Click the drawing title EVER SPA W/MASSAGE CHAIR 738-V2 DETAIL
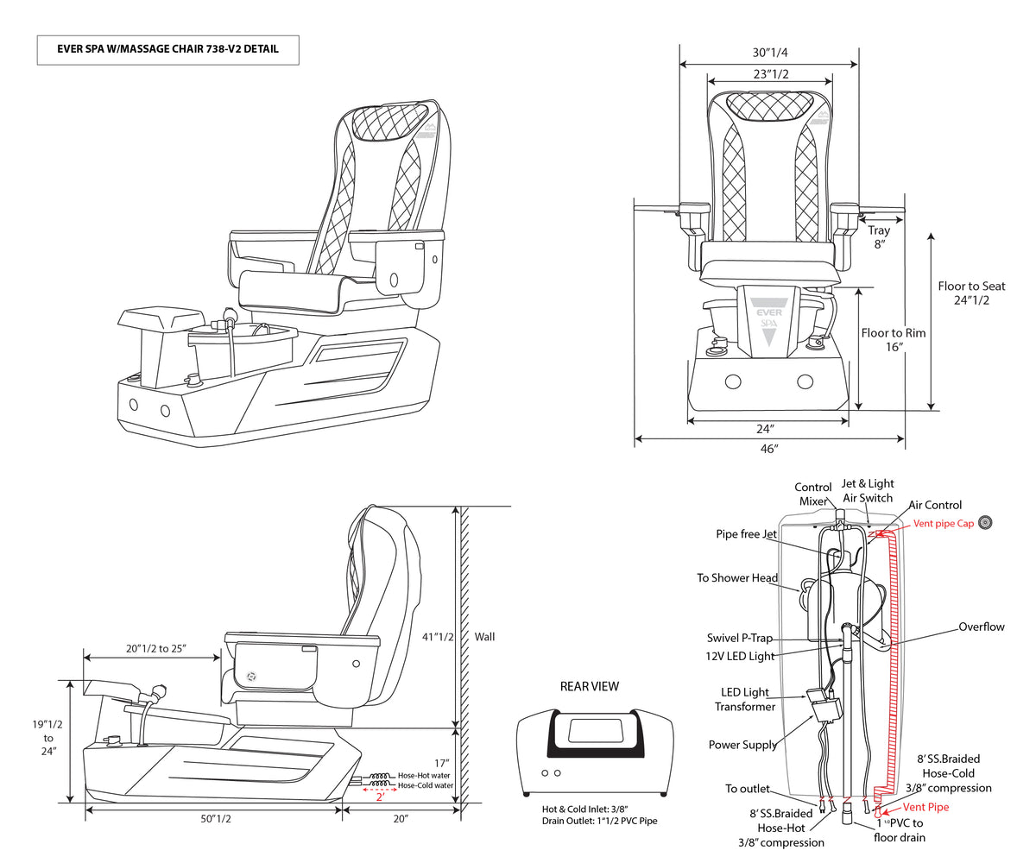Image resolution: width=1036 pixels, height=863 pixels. coord(167,50)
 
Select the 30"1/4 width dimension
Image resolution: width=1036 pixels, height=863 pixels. coord(768,53)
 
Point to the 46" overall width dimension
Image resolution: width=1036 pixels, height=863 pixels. coord(769,449)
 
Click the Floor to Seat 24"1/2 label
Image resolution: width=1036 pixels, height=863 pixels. coord(971,293)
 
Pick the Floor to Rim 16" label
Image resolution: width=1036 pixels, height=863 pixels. coord(894,339)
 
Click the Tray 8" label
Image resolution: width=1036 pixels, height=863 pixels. coord(879,237)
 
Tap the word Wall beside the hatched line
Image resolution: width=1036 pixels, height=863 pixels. coord(485,638)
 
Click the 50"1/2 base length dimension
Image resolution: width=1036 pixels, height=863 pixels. coord(213,818)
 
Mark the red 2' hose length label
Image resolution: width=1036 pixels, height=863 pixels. coord(379,797)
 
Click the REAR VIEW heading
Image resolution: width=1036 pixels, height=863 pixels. coord(590,687)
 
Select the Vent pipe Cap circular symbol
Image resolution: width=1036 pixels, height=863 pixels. coord(983,522)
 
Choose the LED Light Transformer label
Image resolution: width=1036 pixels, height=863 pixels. coord(744,700)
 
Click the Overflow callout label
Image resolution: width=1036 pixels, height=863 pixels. coord(982,627)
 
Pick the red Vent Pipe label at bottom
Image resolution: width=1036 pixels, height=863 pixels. coord(925,807)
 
